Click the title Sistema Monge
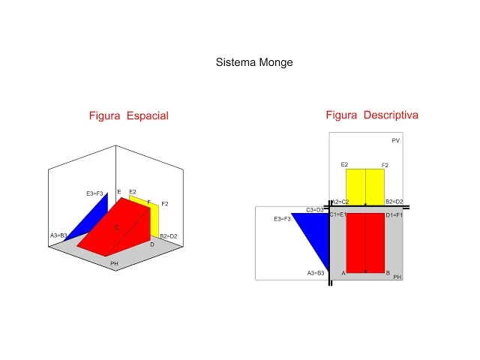coord(254,63)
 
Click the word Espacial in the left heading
coord(148,115)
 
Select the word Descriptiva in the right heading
coord(391,115)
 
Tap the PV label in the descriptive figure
coord(395,141)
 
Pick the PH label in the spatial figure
coord(114,264)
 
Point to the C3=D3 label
coord(315,209)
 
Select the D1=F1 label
coord(394,215)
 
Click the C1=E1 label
coord(337,215)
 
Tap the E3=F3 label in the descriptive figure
coord(282,219)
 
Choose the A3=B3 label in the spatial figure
coord(59,235)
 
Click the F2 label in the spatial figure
coord(165,204)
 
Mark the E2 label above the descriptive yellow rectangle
coord(344,164)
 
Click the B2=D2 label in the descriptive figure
coord(394,202)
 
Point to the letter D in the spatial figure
coord(152,244)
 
